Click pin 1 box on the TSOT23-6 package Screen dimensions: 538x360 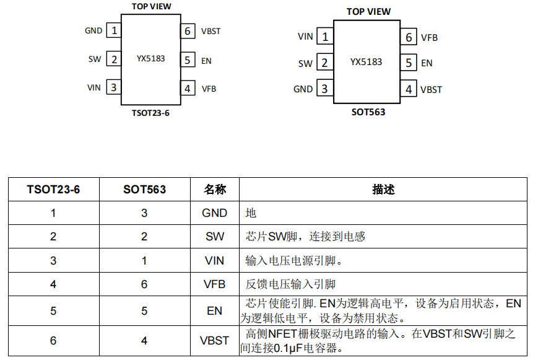[114, 30]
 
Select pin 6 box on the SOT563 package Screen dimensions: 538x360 [409, 37]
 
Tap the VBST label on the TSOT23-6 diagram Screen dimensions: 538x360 [210, 31]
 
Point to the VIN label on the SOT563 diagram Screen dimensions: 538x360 [305, 37]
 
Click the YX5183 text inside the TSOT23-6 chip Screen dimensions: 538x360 [150, 58]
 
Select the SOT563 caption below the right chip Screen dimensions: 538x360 [368, 112]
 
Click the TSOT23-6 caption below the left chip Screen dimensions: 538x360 [150, 113]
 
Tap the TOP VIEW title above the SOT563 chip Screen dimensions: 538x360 [368, 12]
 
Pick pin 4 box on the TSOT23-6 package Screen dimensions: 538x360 [188, 88]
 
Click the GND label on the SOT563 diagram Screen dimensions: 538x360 [303, 89]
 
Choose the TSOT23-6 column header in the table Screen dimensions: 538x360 [53, 189]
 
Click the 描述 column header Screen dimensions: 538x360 [383, 189]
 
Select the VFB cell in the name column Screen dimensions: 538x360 [214, 284]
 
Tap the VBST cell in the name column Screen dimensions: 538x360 [214, 340]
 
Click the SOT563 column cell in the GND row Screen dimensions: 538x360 [144, 213]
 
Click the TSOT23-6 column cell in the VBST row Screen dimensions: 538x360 [53, 340]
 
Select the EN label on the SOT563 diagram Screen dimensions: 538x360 [427, 63]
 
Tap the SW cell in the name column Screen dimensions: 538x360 [214, 236]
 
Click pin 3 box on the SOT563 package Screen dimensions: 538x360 [324, 89]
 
